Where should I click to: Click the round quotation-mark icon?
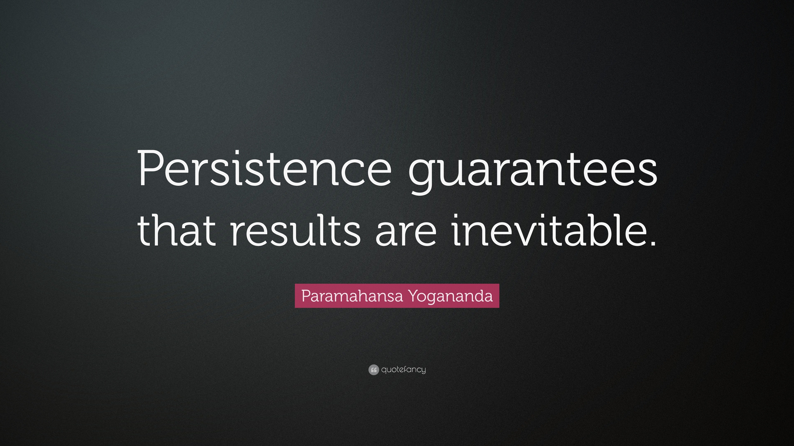coord(373,370)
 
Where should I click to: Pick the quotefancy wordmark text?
coord(403,370)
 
